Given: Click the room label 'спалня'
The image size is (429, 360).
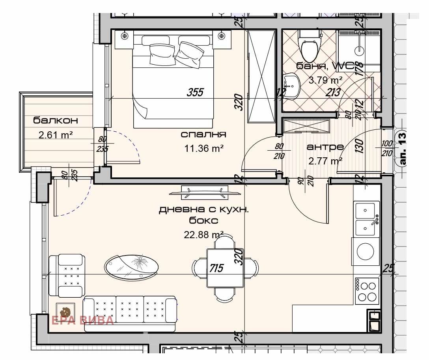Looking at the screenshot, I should point(203,134).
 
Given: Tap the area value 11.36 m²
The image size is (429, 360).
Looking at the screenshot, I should point(204,149).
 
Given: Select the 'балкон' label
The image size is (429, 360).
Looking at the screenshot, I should point(55,120).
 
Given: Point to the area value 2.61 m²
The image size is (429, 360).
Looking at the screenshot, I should point(56,136).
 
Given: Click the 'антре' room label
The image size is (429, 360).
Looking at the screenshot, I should point(325,147).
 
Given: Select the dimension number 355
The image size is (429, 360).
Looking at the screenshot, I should point(195,92).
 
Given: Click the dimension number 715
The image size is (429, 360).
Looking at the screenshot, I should point(216,269).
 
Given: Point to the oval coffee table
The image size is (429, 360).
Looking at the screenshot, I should point(132,267).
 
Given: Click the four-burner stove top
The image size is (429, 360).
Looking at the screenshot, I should point(367,291).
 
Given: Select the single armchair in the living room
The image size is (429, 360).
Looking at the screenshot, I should point(67,276).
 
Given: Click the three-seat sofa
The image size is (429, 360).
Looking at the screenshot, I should point(130,313).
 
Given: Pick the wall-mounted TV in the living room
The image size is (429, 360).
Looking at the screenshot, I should point(205,192).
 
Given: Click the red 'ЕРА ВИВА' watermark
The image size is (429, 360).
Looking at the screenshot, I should point(83,320).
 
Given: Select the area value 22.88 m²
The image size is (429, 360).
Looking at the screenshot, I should point(203,235).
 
